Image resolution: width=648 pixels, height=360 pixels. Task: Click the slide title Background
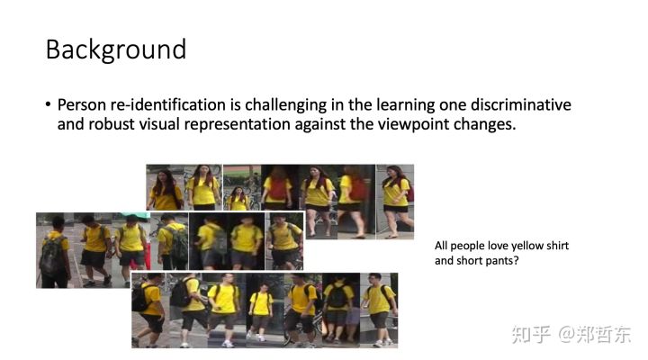point(116,50)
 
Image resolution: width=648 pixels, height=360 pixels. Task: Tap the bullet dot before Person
point(49,104)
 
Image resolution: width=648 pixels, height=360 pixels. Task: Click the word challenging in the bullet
point(286,106)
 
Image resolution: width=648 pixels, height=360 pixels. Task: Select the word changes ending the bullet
point(485,125)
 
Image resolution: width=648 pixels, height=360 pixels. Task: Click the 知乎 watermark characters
point(531,334)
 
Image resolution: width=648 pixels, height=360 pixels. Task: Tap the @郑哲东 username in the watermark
point(594,334)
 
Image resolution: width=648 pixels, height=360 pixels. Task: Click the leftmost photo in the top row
point(165,187)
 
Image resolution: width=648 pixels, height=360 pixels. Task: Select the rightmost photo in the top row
point(395,202)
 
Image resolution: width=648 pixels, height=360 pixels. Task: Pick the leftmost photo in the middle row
point(55,250)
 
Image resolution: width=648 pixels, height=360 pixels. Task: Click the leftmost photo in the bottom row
point(150,310)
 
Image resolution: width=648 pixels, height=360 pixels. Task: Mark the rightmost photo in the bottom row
point(379,310)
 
